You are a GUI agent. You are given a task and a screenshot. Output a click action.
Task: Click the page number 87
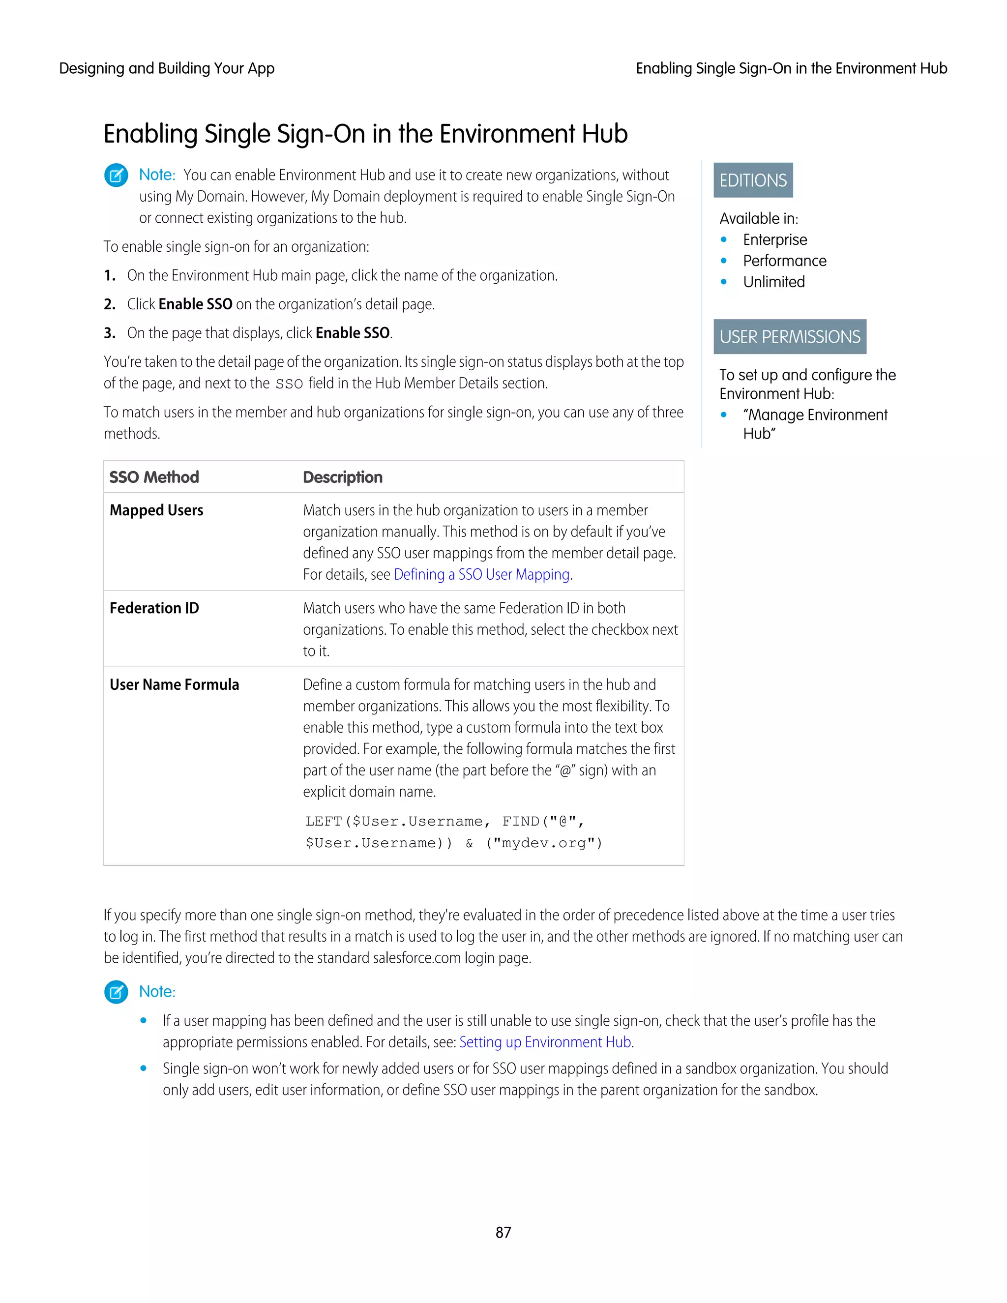[503, 1232]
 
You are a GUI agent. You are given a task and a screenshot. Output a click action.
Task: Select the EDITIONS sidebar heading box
[753, 180]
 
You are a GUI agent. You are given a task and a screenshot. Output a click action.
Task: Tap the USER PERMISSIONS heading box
[789, 336]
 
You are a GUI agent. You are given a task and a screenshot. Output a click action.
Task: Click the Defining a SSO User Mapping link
[481, 574]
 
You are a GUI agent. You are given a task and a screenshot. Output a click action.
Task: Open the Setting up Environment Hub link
[545, 1042]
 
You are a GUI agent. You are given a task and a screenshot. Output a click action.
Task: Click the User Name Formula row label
[174, 684]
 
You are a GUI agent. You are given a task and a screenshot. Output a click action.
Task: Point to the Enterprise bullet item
[774, 240]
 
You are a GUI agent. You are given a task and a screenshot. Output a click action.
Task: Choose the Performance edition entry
[784, 261]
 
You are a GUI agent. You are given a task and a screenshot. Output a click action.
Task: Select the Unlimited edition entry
[773, 282]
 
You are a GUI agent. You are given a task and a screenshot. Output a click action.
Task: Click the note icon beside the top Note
[117, 176]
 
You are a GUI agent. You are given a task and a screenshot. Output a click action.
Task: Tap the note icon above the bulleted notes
[117, 992]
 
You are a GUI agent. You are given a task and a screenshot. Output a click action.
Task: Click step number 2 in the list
[109, 304]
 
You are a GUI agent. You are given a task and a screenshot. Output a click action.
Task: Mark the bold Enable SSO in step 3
[352, 333]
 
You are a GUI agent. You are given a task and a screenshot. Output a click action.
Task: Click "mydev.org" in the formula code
[544, 843]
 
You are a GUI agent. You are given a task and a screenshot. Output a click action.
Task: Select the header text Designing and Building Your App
[167, 69]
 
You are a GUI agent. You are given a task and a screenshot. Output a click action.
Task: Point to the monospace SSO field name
[289, 384]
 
